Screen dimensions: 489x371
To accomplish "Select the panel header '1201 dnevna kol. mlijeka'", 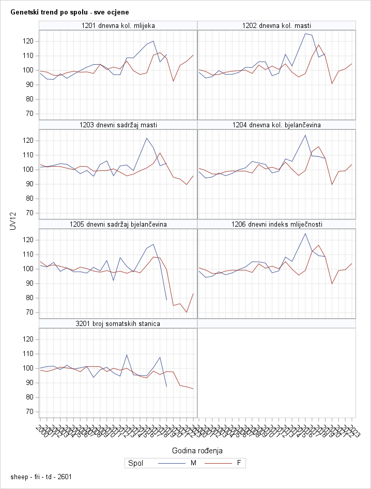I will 118,25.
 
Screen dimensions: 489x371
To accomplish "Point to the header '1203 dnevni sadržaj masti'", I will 118,125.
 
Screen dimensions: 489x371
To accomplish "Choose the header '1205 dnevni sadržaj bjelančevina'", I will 118,224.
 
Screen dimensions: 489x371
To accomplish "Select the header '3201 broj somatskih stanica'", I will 118,323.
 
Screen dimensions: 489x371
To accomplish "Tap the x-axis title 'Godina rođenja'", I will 197,450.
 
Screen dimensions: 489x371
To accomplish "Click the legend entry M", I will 193,463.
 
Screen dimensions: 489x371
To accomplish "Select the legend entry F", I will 238,463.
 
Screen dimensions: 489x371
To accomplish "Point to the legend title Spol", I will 135,463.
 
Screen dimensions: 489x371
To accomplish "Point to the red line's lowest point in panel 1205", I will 187,312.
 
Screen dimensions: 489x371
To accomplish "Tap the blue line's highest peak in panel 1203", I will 147,138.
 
